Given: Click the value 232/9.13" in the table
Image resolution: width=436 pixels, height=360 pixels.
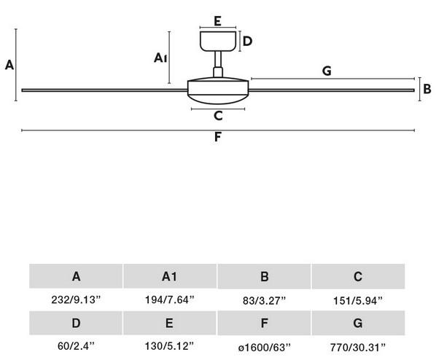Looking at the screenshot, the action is (x=76, y=300).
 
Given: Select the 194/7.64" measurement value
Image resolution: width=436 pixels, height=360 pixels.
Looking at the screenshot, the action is (x=170, y=300).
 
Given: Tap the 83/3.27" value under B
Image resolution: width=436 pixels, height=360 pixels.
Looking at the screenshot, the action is (x=264, y=300).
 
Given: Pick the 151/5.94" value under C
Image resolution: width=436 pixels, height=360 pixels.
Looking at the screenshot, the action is (x=358, y=300).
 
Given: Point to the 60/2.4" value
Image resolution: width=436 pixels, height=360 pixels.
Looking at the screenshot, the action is (x=76, y=346).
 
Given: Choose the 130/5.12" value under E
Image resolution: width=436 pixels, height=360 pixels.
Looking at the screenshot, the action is (x=169, y=346).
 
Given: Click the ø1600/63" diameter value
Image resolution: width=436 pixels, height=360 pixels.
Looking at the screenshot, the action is (x=264, y=347).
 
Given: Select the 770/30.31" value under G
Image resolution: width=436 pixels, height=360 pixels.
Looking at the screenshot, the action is (x=358, y=347).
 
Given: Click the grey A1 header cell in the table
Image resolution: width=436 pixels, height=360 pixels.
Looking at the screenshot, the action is (x=170, y=276).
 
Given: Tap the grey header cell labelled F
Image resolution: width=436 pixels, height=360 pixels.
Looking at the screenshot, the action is (x=264, y=323).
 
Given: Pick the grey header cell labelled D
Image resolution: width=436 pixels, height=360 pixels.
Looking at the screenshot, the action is (x=76, y=323).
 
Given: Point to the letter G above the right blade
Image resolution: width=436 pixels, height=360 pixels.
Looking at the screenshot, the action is (x=327, y=71).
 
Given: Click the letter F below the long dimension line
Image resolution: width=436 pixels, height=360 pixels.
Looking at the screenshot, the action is (x=218, y=137).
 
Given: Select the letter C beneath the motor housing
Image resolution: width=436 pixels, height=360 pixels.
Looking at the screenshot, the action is (x=218, y=116).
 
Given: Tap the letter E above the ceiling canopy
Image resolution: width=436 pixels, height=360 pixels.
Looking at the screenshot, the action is (x=217, y=21).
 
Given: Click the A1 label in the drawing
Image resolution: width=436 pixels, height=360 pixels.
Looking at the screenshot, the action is (x=160, y=58).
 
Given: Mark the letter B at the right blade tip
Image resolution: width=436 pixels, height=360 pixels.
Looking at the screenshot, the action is (x=427, y=89).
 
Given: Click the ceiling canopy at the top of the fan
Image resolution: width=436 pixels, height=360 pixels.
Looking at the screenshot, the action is (x=218, y=41).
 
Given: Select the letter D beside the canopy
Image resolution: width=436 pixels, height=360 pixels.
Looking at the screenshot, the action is (x=247, y=41).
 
